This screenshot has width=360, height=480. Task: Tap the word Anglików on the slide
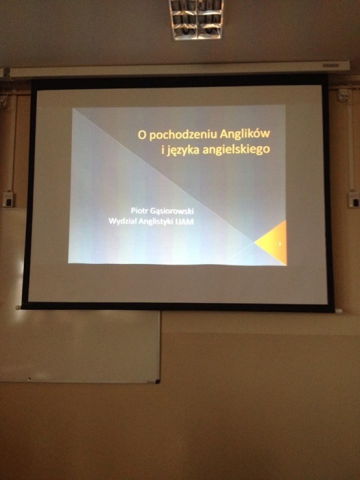(x=245, y=134)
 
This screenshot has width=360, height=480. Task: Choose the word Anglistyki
(x=156, y=221)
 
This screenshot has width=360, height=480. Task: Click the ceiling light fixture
(x=197, y=19)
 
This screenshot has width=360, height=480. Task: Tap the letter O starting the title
(x=141, y=135)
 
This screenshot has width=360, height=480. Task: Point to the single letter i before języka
(x=163, y=150)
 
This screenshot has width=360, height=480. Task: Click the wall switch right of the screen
(x=354, y=199)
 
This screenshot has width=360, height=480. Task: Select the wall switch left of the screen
(x=8, y=199)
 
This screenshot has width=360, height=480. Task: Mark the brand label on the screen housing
(x=331, y=65)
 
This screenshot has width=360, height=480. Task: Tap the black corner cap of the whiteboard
(x=157, y=381)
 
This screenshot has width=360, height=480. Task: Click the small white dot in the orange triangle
(x=280, y=243)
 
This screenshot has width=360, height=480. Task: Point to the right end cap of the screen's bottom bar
(x=338, y=311)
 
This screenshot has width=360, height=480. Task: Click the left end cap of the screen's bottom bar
(x=19, y=307)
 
